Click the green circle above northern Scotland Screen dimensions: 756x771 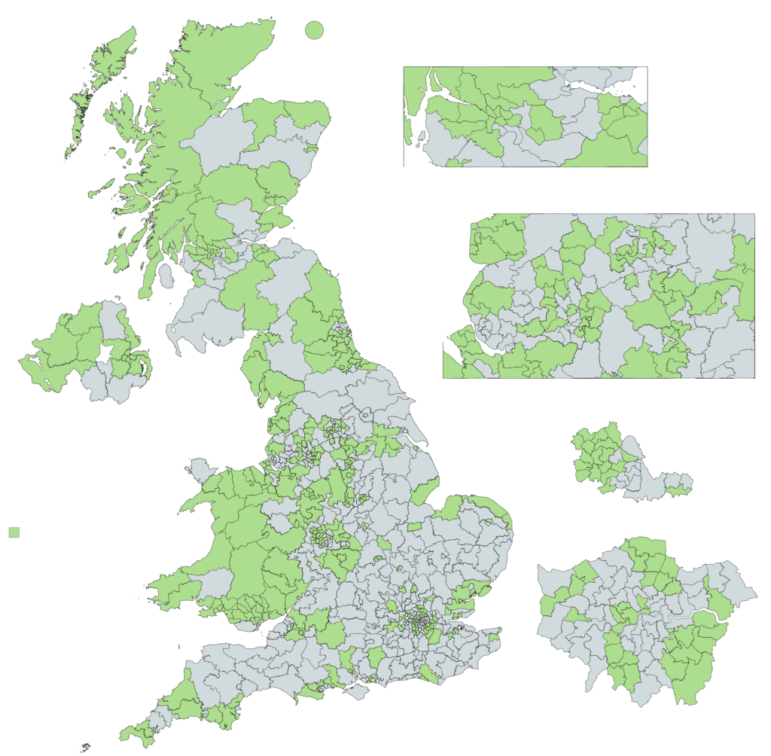tap(314, 30)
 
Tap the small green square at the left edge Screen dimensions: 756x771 tap(14, 532)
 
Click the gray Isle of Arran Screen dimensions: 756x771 tap(166, 276)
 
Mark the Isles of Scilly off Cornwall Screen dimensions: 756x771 tap(84, 748)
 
